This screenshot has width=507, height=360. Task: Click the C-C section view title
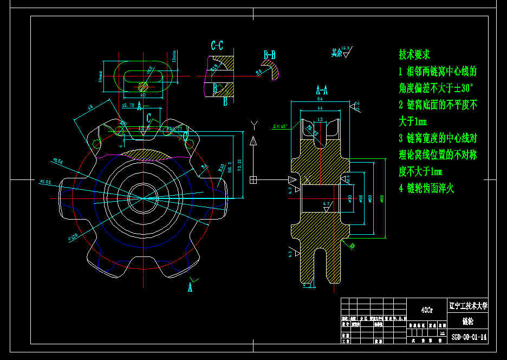(x=217, y=46)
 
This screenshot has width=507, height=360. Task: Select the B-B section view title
(x=270, y=55)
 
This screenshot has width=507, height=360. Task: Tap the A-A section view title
(x=322, y=89)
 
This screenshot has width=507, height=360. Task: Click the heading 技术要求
(x=414, y=54)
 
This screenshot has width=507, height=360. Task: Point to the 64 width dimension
(x=320, y=99)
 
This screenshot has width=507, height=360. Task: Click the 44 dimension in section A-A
(x=320, y=108)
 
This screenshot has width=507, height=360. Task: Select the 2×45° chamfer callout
(x=280, y=126)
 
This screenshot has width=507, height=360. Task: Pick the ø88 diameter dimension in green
(x=382, y=198)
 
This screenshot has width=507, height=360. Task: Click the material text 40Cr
(x=427, y=310)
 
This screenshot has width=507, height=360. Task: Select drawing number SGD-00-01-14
(x=469, y=337)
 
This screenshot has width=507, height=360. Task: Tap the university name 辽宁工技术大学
(x=469, y=306)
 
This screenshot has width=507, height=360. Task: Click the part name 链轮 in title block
(x=468, y=321)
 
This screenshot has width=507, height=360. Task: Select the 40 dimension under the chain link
(x=143, y=95)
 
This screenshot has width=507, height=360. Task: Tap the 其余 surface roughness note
(x=337, y=53)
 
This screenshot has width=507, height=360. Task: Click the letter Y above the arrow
(x=253, y=125)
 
